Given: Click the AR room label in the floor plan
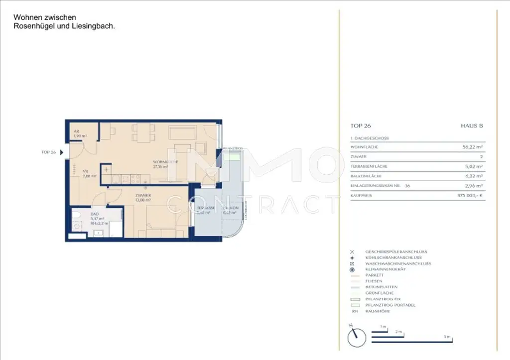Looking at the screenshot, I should pos(76,131).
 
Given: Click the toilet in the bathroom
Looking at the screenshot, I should pos(76,215).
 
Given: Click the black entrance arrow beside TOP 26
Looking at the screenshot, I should pos(62,152).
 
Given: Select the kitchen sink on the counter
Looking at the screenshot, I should pos(116,177).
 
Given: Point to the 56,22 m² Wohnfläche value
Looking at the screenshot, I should pos(473,147).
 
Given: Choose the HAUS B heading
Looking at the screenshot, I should pos(472,126).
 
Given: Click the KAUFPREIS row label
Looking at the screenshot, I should pos(362,196).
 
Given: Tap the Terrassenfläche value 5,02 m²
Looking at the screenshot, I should pos(474,166).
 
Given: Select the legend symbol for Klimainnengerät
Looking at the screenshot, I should pos(352,269).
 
